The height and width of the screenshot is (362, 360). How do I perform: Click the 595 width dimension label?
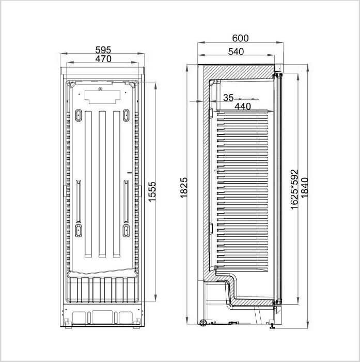103,50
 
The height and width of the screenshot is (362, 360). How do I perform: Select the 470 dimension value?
103,59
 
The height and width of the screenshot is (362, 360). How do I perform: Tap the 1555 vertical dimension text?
152,192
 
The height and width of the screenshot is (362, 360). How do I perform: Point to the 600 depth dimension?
240,38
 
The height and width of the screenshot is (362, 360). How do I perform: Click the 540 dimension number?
236,52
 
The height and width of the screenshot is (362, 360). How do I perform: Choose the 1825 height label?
184,188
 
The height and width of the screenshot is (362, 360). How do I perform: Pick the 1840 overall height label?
304,187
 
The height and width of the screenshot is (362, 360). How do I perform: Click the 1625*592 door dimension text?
294,189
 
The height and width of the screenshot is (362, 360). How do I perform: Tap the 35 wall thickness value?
228,98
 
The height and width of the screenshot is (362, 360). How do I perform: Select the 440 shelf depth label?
243,107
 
